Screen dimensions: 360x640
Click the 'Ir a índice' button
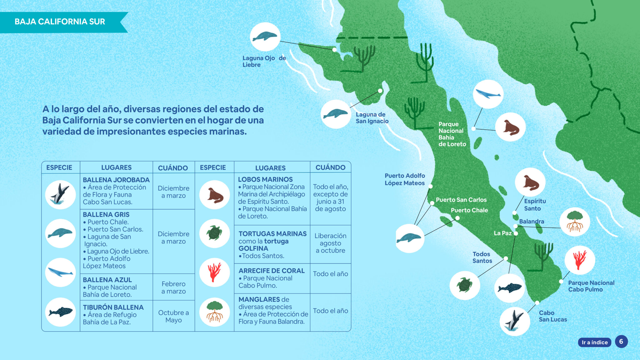click(x=594, y=342)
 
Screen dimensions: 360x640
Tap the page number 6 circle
click(x=621, y=342)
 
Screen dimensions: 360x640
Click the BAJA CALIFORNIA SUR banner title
click(x=60, y=22)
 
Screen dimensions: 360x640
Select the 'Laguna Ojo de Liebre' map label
click(x=264, y=61)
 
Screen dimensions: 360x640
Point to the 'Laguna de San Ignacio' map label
click(x=372, y=118)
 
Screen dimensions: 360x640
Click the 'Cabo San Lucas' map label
click(x=552, y=316)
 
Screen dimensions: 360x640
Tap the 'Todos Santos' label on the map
click(x=482, y=257)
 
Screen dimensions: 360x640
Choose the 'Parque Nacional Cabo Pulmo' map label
click(x=591, y=286)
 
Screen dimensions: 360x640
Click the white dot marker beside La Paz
click(x=516, y=233)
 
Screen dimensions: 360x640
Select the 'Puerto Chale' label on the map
click(x=469, y=210)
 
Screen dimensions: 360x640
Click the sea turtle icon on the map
click(x=465, y=285)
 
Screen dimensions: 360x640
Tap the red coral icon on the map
click(x=580, y=260)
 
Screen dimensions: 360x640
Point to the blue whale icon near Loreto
click(x=488, y=94)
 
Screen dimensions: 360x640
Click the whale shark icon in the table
click(x=61, y=312)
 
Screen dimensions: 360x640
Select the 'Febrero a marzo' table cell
click(x=173, y=287)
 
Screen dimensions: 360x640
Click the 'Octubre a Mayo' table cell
click(x=173, y=316)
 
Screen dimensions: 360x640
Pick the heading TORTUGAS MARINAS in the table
click(x=272, y=234)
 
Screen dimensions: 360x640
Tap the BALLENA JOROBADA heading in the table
click(x=116, y=180)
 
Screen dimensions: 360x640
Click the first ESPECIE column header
click(x=59, y=167)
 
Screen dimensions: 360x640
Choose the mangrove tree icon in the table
click(x=215, y=312)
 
